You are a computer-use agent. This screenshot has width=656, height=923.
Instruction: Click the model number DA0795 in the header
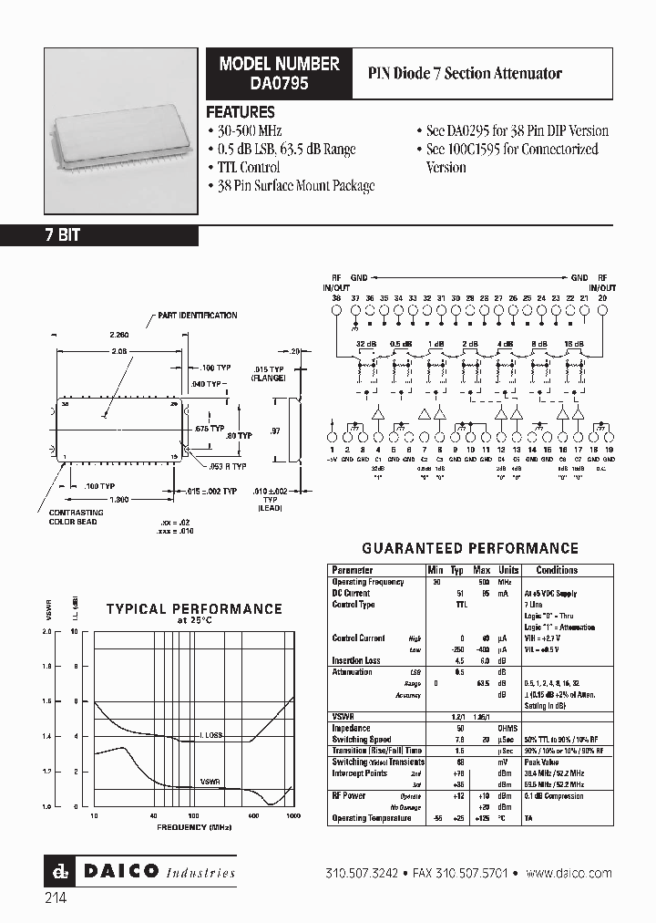point(279,82)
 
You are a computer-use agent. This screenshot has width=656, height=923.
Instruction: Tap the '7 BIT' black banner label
point(63,235)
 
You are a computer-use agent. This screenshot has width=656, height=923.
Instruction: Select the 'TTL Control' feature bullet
point(248,167)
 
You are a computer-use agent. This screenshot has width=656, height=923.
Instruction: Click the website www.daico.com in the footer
point(569,873)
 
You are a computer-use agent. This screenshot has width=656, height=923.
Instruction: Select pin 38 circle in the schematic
point(336,309)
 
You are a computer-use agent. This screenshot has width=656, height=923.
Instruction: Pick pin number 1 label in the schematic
point(335,451)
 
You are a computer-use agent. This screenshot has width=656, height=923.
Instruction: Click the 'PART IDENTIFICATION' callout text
point(197,316)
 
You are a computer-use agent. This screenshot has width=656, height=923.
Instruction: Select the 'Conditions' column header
point(557,570)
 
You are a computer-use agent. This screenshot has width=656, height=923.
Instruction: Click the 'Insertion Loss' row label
point(356,660)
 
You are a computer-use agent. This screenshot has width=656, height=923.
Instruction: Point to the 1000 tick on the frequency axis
point(293,816)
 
